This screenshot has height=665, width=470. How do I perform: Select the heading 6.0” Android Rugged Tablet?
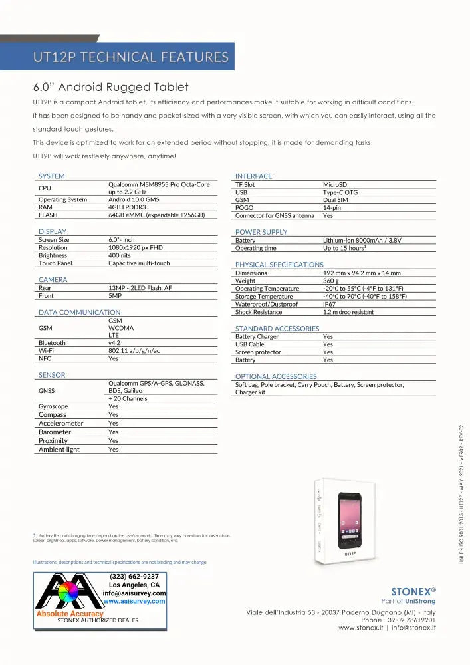[x=111, y=87]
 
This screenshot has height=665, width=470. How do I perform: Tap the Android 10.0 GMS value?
[x=134, y=199]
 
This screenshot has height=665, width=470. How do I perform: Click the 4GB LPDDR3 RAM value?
[x=128, y=207]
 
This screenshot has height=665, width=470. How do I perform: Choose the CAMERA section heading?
[x=53, y=280]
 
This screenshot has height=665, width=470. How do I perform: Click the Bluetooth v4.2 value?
[x=114, y=343]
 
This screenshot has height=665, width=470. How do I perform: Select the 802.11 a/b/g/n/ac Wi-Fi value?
[x=134, y=350]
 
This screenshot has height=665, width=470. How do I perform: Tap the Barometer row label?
[x=55, y=432]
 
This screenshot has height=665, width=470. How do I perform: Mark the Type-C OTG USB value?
[x=340, y=192]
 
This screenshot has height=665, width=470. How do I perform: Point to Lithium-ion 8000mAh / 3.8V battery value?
[x=362, y=241]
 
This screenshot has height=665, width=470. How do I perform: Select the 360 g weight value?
[x=332, y=281]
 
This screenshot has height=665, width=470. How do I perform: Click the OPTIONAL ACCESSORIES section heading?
[x=276, y=376]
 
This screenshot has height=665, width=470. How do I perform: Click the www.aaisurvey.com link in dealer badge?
[x=134, y=601]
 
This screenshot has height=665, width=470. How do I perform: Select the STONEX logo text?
[x=413, y=590]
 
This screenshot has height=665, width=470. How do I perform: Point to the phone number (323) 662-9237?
[x=134, y=577]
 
